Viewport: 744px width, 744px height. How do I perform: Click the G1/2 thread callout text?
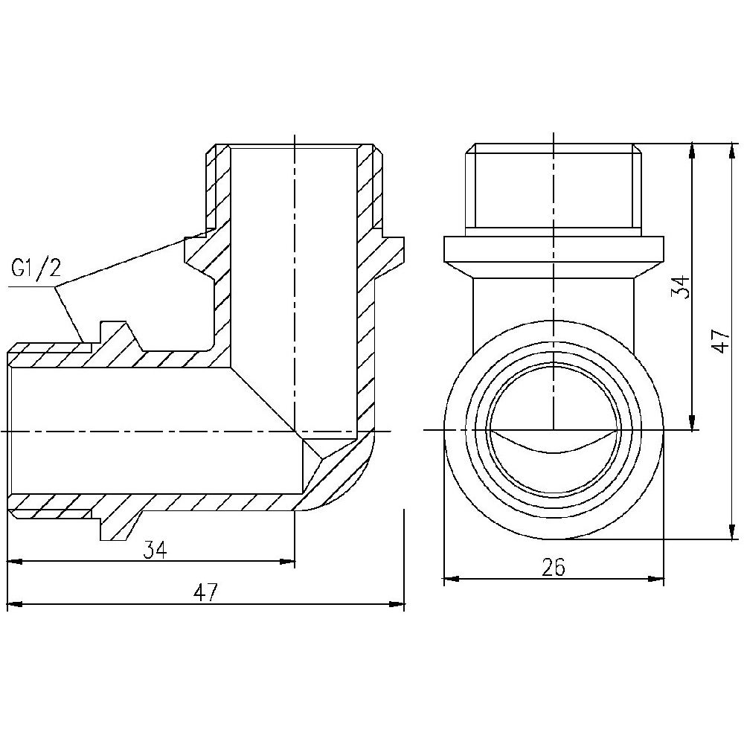[x=35, y=268]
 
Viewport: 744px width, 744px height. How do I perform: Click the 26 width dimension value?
[x=554, y=568]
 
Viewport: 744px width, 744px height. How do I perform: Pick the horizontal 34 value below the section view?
[x=155, y=550]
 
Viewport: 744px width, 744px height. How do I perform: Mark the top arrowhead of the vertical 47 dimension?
[x=734, y=148]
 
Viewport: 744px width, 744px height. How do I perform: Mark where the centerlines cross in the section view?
[x=295, y=431]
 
